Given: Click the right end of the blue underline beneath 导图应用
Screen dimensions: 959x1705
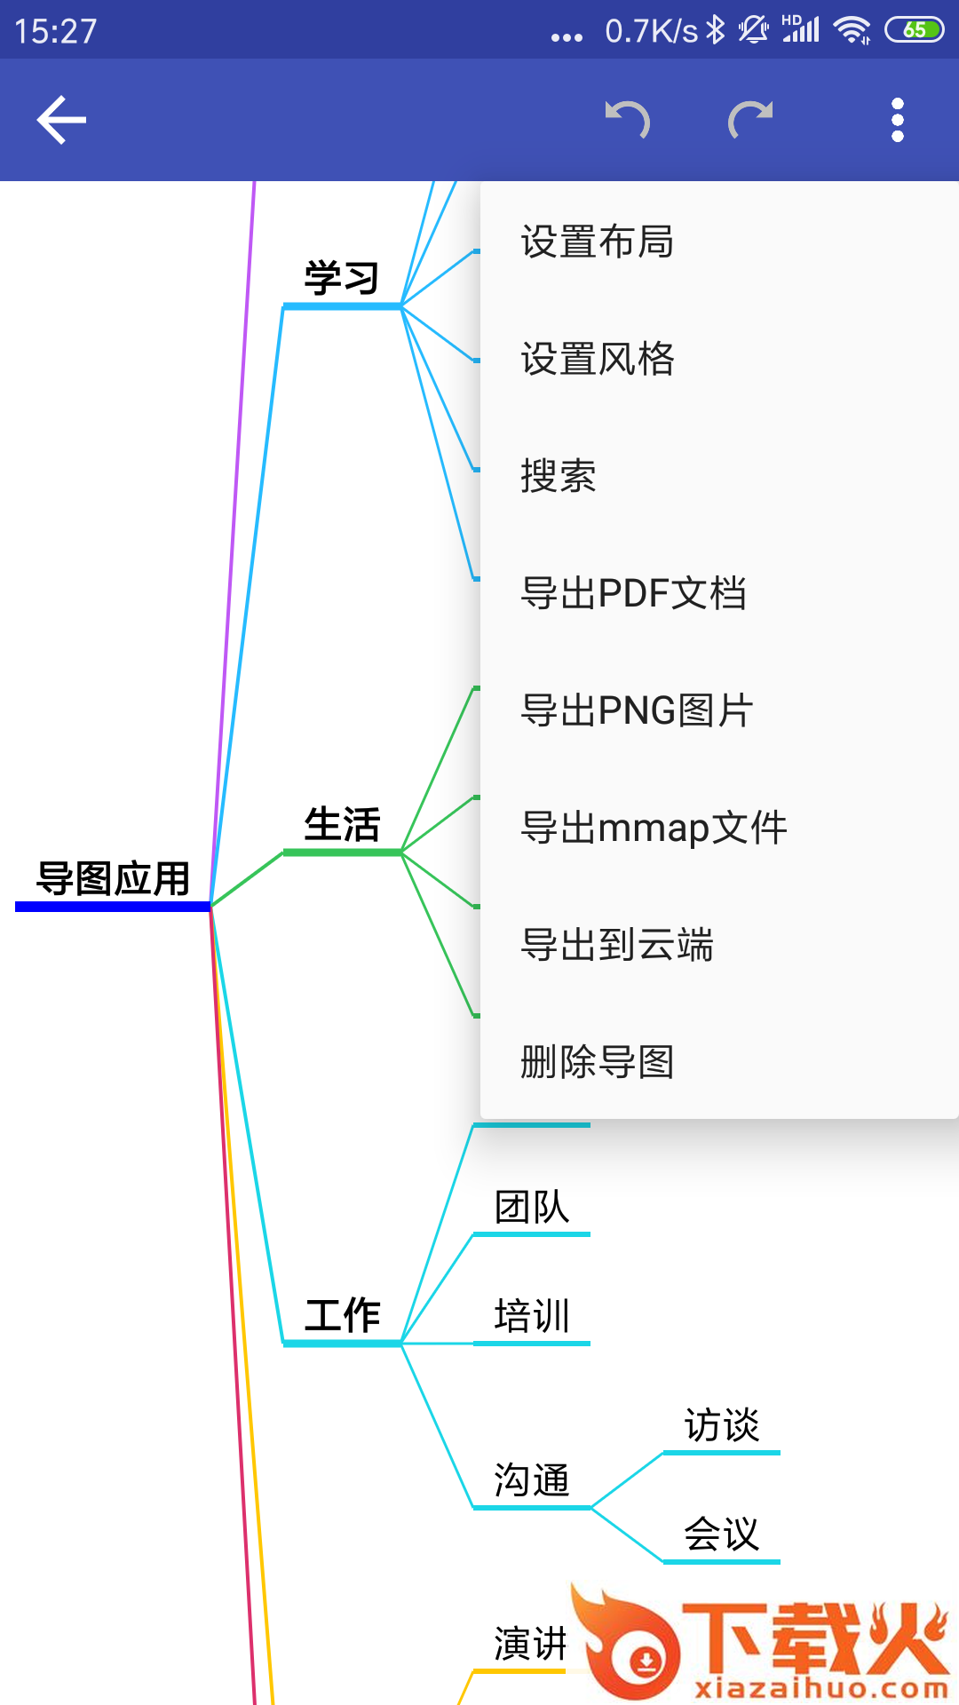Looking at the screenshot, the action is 210,906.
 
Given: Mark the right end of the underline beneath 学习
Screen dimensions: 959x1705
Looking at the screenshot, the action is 401,306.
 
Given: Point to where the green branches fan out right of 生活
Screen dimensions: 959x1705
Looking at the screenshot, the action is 401,852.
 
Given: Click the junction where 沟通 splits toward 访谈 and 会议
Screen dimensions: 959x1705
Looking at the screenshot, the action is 590,1507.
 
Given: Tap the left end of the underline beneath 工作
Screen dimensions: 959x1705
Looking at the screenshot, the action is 283,1344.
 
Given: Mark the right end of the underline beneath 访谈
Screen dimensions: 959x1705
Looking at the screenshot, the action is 780,1453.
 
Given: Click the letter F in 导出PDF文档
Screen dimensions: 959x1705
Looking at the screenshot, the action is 658,593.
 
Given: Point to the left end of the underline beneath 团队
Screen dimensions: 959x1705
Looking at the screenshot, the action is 473,1234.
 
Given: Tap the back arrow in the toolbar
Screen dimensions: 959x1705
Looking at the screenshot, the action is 61,120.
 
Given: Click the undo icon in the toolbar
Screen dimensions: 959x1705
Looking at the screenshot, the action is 628,120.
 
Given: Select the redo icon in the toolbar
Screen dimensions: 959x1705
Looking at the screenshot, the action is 750,120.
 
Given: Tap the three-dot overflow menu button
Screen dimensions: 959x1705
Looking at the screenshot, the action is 898,120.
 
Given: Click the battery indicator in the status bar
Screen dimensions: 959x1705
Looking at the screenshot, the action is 915,30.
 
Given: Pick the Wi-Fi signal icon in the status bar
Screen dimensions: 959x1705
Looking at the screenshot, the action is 852,30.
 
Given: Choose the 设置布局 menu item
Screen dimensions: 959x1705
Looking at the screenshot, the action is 597,242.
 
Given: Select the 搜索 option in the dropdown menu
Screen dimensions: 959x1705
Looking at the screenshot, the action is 559,476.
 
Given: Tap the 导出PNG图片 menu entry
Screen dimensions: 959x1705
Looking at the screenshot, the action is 638,710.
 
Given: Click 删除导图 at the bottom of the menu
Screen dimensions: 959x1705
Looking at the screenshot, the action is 597,1062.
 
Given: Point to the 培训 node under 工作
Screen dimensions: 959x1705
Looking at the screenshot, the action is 532,1316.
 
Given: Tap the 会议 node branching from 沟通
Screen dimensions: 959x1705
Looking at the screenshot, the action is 722,1534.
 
